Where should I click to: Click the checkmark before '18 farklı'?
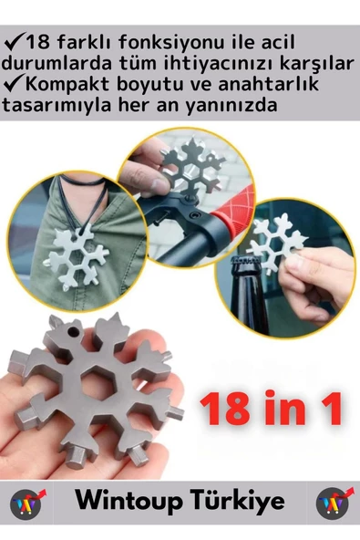[x=12, y=43]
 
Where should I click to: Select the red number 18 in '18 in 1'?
[x=226, y=408]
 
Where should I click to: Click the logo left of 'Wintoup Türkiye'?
[x=27, y=503]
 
